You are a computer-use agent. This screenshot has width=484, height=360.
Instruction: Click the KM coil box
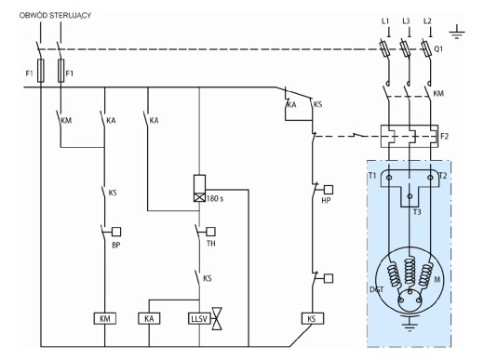click(105, 318)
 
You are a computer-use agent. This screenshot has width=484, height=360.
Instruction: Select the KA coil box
click(149, 318)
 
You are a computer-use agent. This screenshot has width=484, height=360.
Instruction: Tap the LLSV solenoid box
click(199, 318)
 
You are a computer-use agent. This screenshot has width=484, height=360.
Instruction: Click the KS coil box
click(313, 318)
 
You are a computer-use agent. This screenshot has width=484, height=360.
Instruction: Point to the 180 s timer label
click(215, 199)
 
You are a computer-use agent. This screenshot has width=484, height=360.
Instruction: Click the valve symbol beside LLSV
click(217, 318)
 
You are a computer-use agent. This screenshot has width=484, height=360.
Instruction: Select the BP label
click(115, 246)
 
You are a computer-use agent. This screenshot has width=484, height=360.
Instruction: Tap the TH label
click(210, 244)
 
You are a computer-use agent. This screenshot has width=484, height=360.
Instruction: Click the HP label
click(326, 201)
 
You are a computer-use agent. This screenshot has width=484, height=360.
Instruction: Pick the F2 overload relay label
click(444, 137)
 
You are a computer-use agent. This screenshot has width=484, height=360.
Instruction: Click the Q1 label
click(438, 49)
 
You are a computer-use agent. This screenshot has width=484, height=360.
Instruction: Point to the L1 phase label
click(385, 21)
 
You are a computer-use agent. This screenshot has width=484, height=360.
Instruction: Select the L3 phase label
click(406, 21)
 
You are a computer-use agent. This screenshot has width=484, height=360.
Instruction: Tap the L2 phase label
click(427, 21)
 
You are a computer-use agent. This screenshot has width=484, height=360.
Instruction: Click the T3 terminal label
click(417, 212)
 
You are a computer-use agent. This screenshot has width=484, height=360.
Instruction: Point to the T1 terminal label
click(372, 176)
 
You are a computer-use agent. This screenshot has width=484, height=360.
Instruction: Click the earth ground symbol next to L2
click(457, 32)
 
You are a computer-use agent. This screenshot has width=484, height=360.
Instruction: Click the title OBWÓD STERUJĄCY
click(55, 16)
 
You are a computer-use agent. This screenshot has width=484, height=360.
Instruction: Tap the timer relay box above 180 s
click(199, 188)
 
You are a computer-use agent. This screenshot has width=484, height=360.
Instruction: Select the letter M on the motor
click(437, 280)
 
